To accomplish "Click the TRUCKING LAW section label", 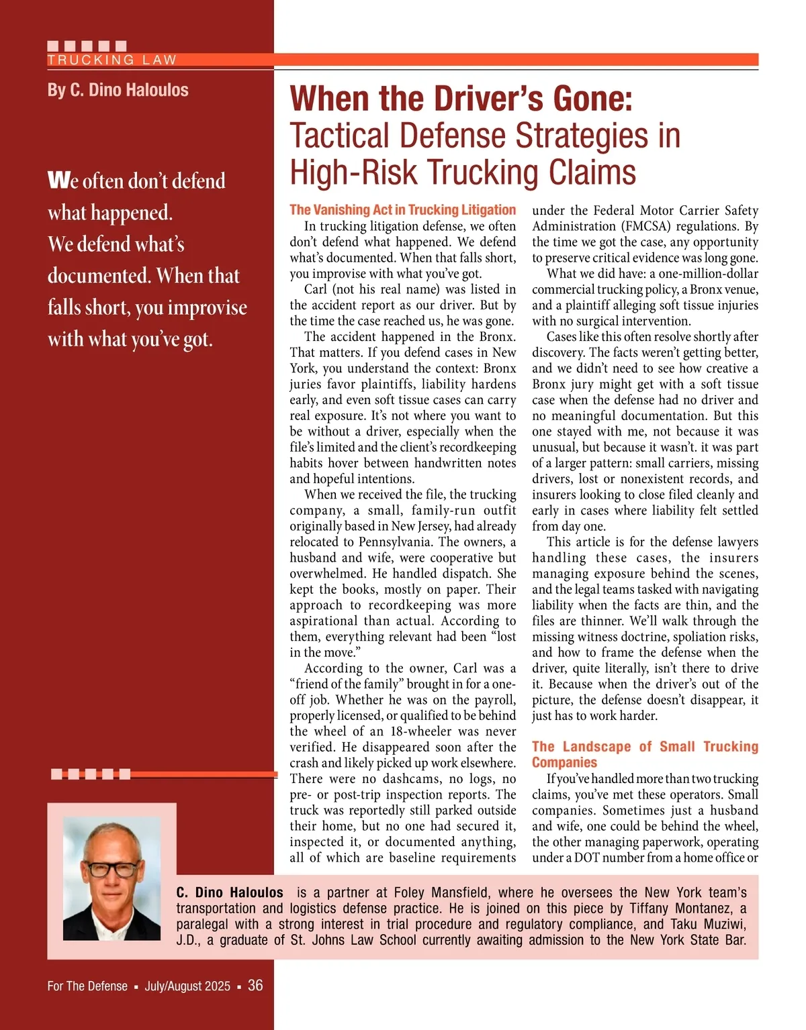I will pos(111,60).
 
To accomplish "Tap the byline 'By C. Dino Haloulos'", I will pos(118,90).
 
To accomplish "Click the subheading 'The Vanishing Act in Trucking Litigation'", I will pos(402,210).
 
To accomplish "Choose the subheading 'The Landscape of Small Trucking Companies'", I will pos(645,754).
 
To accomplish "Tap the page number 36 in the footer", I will pos(255,985).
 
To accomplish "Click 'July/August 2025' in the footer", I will pos(187,986).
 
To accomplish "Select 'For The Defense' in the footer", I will pos(87,986).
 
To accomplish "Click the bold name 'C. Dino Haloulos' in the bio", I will pos(230,892).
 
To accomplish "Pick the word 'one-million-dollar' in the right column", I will pos(703,274).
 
